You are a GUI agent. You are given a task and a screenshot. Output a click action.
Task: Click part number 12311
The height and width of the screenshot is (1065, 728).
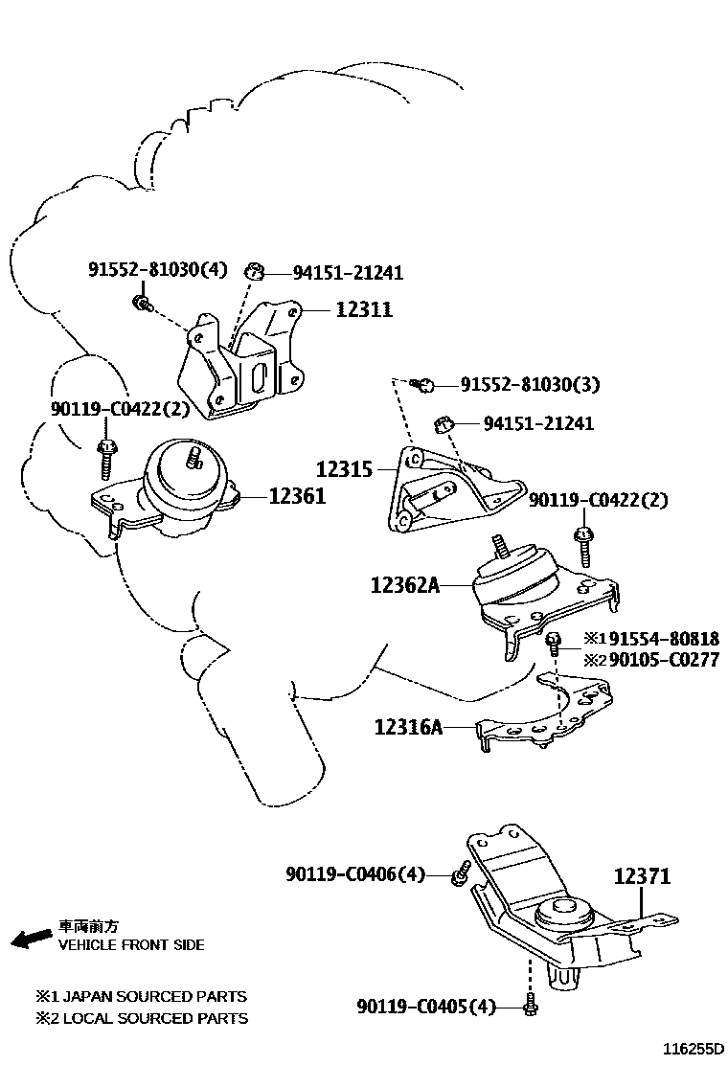(x=363, y=310)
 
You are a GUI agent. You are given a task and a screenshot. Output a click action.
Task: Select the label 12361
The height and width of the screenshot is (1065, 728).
(x=296, y=496)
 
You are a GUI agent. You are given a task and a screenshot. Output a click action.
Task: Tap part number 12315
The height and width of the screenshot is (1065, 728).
(x=345, y=469)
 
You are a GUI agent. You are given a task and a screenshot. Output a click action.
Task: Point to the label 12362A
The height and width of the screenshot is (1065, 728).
(x=404, y=584)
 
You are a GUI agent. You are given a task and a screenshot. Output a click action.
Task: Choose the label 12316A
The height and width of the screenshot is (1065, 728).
(x=408, y=728)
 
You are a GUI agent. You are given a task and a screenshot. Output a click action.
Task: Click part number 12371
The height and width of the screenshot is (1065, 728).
(x=642, y=875)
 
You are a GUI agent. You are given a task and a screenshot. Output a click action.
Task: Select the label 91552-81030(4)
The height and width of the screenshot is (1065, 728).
(x=158, y=269)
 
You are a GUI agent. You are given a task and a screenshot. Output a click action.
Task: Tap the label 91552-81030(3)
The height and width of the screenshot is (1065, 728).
(x=530, y=385)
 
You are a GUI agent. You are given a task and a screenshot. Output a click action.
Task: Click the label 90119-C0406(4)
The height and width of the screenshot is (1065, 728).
(x=354, y=873)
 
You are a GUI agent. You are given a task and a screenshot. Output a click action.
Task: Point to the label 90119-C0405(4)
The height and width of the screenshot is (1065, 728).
(x=426, y=1007)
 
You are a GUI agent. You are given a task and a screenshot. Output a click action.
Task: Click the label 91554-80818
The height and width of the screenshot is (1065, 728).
(x=665, y=638)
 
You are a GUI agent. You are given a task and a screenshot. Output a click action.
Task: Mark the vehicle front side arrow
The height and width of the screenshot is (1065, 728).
(x=31, y=938)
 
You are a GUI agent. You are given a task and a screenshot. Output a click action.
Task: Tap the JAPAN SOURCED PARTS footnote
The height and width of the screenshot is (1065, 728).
(x=142, y=996)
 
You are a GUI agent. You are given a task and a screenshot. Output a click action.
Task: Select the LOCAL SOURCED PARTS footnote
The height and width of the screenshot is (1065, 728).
(x=142, y=1018)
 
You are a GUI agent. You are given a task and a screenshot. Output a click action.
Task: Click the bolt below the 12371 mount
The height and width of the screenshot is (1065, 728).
(x=530, y=1006)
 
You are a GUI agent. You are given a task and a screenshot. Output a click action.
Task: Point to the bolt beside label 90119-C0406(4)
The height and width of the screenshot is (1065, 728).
(x=461, y=873)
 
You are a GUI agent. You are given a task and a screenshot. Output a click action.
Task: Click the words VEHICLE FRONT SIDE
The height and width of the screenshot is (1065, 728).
(x=131, y=944)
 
